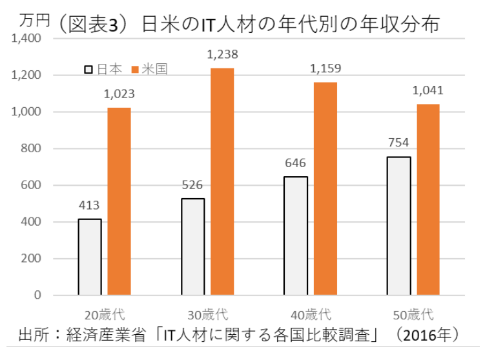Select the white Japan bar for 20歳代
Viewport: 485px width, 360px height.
tap(90, 257)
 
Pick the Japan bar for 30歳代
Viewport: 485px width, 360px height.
tap(193, 246)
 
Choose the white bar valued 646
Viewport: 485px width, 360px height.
tap(296, 235)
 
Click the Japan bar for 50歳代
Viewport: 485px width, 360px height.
tap(399, 226)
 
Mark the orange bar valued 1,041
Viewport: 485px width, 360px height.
tap(428, 199)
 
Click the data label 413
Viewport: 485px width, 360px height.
tap(89, 206)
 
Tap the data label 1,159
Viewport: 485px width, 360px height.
tap(325, 68)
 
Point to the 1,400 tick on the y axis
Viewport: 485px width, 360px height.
tap(26, 39)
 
